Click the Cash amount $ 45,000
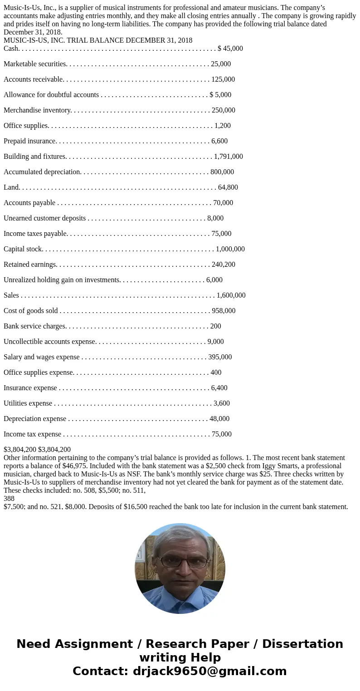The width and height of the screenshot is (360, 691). [x=230, y=49]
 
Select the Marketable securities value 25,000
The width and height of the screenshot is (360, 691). [x=221, y=64]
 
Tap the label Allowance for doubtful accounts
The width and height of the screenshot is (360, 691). [x=51, y=95]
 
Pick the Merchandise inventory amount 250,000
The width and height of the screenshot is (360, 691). [x=224, y=110]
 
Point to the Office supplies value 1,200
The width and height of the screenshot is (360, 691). [x=223, y=126]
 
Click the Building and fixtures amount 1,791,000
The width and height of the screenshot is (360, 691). [x=229, y=157]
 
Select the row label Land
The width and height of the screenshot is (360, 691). [x=11, y=187]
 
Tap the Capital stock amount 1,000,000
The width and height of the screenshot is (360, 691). [x=230, y=249]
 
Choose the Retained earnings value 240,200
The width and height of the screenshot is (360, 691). [x=224, y=265]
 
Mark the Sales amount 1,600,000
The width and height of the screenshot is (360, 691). [x=231, y=295]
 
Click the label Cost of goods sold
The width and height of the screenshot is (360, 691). [x=31, y=311]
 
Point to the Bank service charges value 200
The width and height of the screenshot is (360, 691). [x=216, y=326]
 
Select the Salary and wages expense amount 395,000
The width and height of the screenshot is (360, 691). [x=220, y=357]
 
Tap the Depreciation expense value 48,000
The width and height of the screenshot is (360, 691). [x=219, y=419]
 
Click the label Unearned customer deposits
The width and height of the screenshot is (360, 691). [x=44, y=218]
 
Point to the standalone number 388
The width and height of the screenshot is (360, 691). [x=9, y=498]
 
